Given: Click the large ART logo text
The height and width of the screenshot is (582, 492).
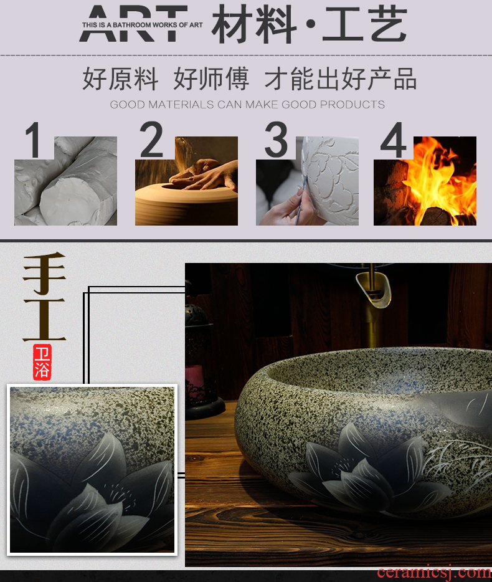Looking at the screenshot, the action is (133, 24).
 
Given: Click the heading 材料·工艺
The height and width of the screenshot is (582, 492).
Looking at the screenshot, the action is (310, 24).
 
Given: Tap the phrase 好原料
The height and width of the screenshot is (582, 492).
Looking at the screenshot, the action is (120, 79).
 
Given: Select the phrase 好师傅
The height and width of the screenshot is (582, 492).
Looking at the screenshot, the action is (211, 79).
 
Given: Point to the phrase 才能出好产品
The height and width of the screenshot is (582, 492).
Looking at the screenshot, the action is (341, 79).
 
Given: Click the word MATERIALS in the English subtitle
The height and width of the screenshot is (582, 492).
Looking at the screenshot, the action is (181, 104).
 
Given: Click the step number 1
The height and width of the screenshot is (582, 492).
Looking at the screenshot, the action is (33, 140).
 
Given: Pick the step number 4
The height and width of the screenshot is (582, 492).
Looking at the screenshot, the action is (394, 140).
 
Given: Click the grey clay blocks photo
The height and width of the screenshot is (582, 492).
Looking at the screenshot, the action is (65, 181).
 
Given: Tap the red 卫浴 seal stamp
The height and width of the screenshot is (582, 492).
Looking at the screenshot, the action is (42, 362).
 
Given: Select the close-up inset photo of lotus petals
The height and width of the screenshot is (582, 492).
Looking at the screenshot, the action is (92, 470).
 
